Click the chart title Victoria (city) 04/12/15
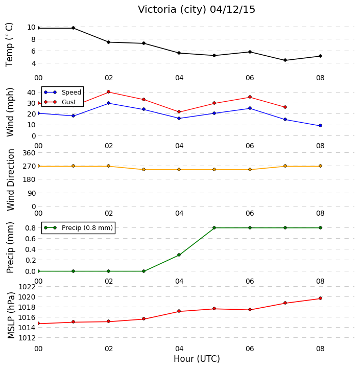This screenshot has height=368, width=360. click(196, 10)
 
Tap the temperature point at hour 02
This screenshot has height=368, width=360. click(108, 42)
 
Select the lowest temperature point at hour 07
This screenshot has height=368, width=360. click(285, 60)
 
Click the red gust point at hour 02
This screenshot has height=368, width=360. click(108, 92)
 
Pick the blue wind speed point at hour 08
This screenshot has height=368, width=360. click(320, 126)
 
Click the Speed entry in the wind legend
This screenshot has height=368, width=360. click(62, 92)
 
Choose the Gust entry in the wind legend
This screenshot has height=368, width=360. click(60, 102)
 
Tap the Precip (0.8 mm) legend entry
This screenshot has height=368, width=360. click(78, 228)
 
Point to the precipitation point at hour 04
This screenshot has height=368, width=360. click(179, 255)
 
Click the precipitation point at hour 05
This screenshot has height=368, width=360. click(214, 227)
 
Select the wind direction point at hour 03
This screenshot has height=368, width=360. click(144, 170)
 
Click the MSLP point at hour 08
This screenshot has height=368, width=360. click(320, 298)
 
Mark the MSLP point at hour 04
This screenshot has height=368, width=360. click(179, 311)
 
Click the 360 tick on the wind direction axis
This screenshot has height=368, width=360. click(29, 153)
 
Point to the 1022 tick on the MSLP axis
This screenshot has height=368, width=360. click(27, 287)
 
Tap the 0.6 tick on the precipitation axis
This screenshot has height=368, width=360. click(30, 239)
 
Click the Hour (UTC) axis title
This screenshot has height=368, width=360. click(197, 359)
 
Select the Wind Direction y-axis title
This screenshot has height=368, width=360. click(11, 180)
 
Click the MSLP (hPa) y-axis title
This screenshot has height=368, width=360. click(11, 315)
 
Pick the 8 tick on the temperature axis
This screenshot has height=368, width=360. click(33, 39)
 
